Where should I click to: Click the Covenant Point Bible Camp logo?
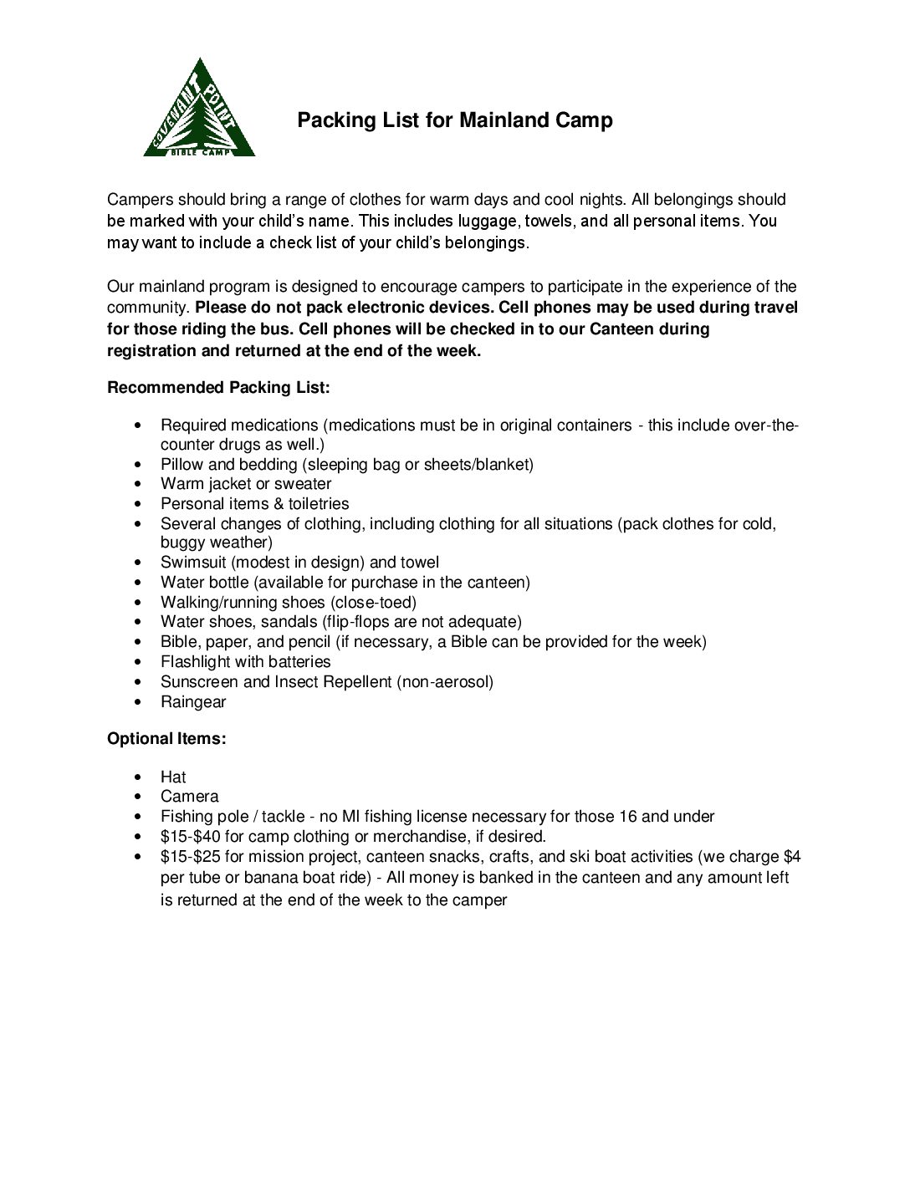199,110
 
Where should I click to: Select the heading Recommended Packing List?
218,388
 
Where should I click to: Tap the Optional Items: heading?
166,739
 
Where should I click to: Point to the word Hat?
173,777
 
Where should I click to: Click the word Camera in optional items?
190,797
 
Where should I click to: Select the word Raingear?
193,701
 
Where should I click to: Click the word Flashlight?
196,661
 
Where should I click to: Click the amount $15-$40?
190,836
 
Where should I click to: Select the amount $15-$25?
190,856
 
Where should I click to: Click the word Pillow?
182,464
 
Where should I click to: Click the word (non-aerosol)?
445,681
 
